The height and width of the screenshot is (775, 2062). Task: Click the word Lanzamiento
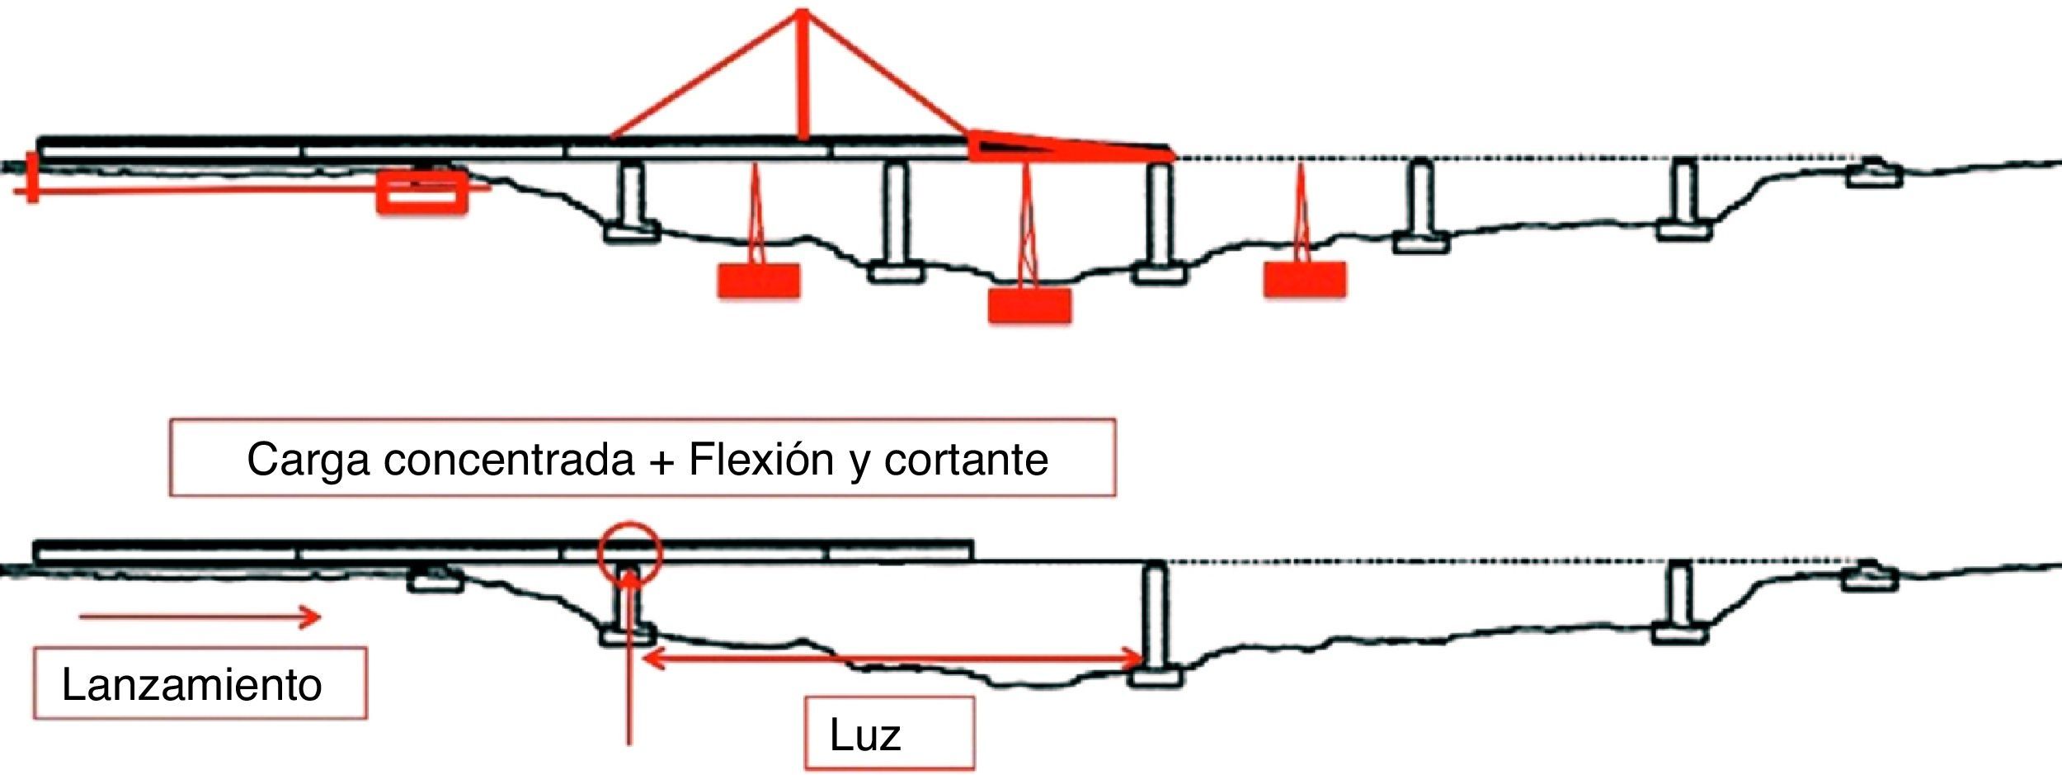pos(191,684)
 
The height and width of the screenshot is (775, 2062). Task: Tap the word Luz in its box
pos(864,734)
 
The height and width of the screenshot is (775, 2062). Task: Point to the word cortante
pos(966,459)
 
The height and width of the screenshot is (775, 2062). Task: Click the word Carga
pos(308,459)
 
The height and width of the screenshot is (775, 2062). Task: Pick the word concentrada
pos(509,459)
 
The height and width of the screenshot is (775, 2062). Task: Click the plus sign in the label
pos(661,461)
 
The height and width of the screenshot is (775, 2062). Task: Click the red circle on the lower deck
pos(630,552)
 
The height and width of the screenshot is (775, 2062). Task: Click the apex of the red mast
pos(801,12)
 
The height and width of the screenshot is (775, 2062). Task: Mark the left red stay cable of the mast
pos(705,74)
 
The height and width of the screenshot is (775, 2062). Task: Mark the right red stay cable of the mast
pos(887,74)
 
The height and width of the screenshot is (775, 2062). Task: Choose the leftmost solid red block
pos(758,281)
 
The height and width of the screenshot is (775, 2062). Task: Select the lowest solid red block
pos(1029,305)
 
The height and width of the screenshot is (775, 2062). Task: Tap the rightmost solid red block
pos(1304,279)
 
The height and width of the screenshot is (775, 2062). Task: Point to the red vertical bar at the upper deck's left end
pos(32,177)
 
